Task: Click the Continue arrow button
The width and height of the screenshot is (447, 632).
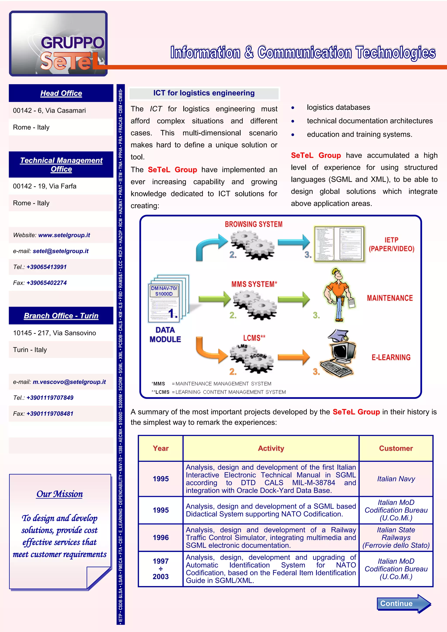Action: coord(403,603)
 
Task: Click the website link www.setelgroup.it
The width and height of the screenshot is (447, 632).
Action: coord(64,235)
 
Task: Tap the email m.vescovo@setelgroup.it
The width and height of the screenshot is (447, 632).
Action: coord(69,382)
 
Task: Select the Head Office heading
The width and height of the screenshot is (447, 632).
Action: coord(61,93)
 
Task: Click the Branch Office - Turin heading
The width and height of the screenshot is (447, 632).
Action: coord(61,316)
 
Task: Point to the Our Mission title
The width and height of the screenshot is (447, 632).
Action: coord(60,494)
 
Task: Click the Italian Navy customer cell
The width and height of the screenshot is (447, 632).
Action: coord(396,479)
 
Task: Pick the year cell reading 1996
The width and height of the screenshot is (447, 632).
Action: coord(160,538)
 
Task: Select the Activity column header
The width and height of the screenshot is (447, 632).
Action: coord(271,448)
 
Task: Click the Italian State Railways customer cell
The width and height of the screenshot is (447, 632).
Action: coord(396,538)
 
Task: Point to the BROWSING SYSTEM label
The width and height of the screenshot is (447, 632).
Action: coord(253,224)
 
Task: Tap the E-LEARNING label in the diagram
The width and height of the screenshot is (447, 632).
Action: coord(391,357)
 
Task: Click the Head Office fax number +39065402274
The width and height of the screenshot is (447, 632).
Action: coord(46,283)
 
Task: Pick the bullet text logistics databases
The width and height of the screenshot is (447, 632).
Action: coord(338,107)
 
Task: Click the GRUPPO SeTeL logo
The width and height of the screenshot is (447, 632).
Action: coord(58,43)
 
